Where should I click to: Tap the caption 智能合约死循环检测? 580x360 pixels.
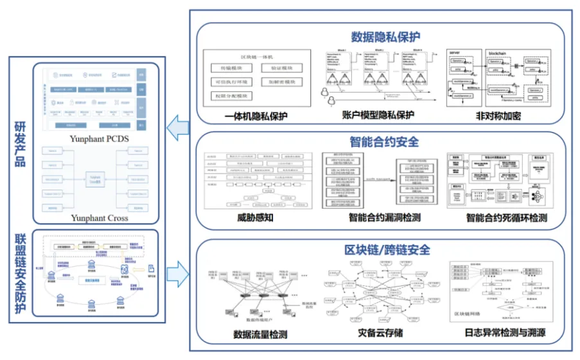pos(507,218)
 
